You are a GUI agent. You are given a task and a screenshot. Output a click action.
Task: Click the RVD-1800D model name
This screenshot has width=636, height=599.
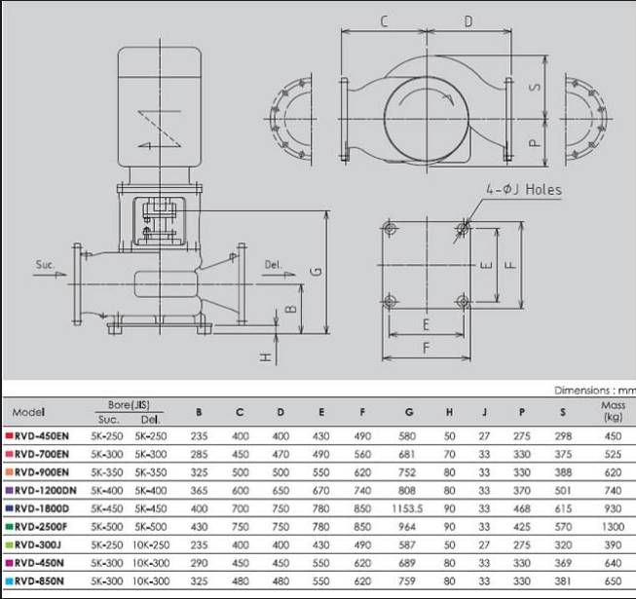click(42, 508)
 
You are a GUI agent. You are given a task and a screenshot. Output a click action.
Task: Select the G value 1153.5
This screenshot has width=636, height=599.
click(407, 508)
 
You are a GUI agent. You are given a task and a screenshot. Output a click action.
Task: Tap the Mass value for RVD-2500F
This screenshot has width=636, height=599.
click(613, 527)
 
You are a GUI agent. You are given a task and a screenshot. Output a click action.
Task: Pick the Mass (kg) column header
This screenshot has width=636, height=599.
click(613, 411)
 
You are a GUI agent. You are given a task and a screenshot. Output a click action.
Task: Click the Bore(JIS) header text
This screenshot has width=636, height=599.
click(129, 405)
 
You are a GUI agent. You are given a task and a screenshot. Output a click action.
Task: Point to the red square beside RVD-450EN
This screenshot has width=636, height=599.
click(9, 436)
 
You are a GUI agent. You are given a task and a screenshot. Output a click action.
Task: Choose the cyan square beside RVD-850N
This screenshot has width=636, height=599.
click(9, 581)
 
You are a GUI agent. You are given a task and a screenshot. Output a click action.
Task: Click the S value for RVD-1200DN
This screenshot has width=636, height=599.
click(563, 491)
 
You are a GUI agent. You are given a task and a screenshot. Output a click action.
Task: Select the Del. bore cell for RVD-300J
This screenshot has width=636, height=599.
click(151, 545)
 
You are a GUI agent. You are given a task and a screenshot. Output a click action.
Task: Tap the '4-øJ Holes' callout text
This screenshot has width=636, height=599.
click(524, 189)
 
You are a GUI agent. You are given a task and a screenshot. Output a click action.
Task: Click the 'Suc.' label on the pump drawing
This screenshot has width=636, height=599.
click(45, 265)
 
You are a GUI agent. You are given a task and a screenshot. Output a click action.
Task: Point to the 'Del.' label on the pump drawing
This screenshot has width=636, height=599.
click(273, 265)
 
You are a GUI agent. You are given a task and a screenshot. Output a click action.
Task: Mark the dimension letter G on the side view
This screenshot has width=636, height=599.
click(318, 272)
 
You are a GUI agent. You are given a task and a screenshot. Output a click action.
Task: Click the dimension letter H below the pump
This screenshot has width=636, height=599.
click(266, 357)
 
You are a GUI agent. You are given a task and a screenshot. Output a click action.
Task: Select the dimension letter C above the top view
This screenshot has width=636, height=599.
click(384, 21)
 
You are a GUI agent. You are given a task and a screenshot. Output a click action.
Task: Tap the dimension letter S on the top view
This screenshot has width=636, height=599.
click(536, 87)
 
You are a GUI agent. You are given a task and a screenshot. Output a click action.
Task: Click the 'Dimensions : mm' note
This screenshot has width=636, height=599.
click(595, 391)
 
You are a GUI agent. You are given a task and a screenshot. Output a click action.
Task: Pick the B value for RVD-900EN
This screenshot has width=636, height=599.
click(199, 472)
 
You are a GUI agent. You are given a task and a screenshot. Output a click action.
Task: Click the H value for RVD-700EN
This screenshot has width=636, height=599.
click(449, 454)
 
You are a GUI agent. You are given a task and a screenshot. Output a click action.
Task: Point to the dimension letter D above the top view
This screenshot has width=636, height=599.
click(468, 21)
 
